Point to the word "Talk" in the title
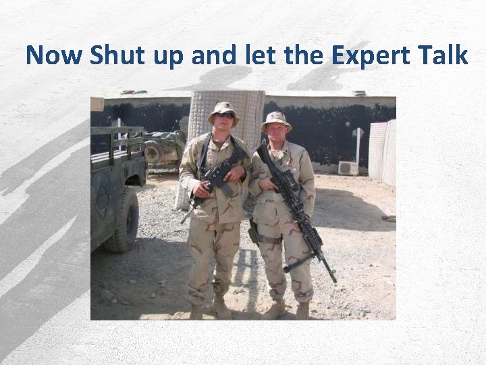click(x=446, y=55)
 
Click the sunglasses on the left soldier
click(x=224, y=116)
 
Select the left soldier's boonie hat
click(x=223, y=108)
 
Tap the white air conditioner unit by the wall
click(x=348, y=168)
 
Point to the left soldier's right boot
click(x=196, y=311)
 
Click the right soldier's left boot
click(x=302, y=310)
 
